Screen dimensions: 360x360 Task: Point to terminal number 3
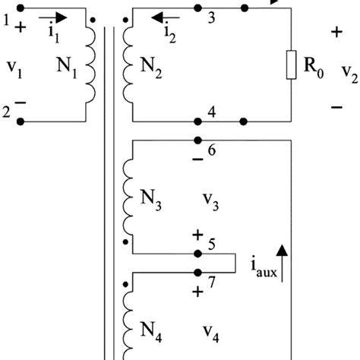pyautogui.click(x=213, y=17)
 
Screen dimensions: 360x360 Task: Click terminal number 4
pyautogui.click(x=213, y=112)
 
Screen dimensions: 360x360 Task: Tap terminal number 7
pyautogui.click(x=213, y=282)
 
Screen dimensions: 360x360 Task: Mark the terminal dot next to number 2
pyautogui.click(x=21, y=121)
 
